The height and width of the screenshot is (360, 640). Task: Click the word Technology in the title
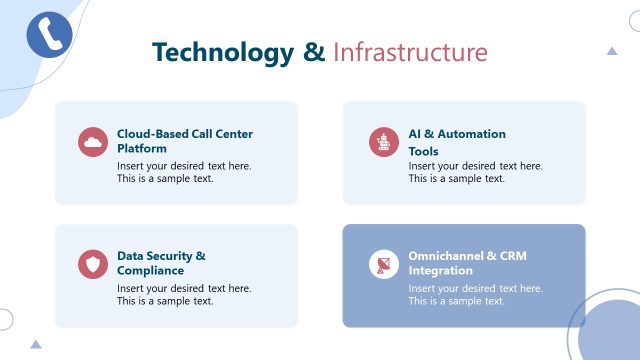pyautogui.click(x=223, y=52)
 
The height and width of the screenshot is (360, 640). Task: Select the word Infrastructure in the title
pyautogui.click(x=410, y=52)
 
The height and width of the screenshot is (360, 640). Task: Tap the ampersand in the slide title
pyautogui.click(x=314, y=52)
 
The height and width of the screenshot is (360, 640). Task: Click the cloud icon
pyautogui.click(x=93, y=142)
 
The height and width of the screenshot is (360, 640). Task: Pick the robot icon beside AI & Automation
pyautogui.click(x=383, y=142)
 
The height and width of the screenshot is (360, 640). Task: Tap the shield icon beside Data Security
pyautogui.click(x=93, y=264)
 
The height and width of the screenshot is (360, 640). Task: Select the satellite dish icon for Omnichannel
pyautogui.click(x=383, y=264)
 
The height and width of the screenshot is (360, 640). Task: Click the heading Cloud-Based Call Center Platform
pyautogui.click(x=185, y=141)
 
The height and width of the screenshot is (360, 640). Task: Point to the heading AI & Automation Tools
pyautogui.click(x=457, y=142)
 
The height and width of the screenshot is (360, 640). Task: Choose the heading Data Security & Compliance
pyautogui.click(x=161, y=263)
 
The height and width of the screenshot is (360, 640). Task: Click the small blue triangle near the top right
pyautogui.click(x=612, y=50)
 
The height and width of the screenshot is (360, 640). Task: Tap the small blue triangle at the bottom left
pyautogui.click(x=36, y=344)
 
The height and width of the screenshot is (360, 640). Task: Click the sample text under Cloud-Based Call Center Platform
pyautogui.click(x=184, y=172)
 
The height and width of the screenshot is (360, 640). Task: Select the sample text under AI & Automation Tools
pyautogui.click(x=475, y=172)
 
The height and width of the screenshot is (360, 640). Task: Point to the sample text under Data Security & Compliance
pyautogui.click(x=184, y=294)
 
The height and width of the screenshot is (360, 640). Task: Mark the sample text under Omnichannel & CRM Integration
pyautogui.click(x=475, y=294)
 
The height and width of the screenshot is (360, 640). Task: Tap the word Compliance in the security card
pyautogui.click(x=150, y=270)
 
